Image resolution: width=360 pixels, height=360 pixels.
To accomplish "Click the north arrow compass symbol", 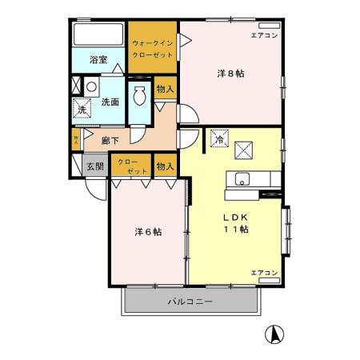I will click(273, 334).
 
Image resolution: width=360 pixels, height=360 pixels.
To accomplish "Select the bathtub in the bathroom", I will click(98, 36).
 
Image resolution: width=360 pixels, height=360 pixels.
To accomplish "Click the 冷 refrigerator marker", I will click(218, 138).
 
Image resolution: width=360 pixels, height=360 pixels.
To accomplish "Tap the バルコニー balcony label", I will click(190, 302).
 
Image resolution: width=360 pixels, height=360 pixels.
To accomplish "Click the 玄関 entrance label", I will click(94, 168).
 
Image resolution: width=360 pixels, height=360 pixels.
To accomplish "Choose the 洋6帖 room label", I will click(148, 232).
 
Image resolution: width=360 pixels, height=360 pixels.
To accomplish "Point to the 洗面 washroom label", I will click(110, 102).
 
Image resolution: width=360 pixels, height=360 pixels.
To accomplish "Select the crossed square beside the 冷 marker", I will click(246, 147).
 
